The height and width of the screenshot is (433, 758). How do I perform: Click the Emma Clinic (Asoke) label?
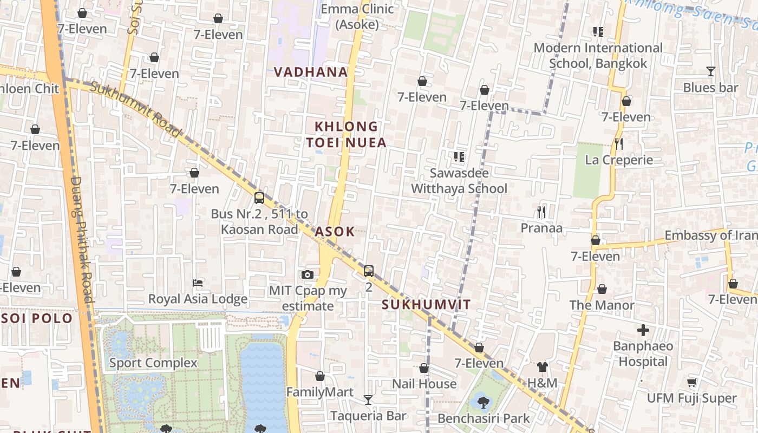click(x=357, y=16)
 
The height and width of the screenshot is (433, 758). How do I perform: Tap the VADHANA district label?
click(x=310, y=72)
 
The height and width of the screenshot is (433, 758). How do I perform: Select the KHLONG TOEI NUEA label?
click(x=347, y=135)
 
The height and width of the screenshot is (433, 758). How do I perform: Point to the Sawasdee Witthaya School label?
click(x=459, y=181)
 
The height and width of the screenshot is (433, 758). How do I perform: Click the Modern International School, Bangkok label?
click(x=598, y=56)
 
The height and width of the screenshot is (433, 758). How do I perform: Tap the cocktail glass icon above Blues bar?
click(x=710, y=71)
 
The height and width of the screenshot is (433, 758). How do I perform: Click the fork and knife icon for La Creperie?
click(x=619, y=144)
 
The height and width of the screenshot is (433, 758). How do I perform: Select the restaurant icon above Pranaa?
click(x=541, y=212)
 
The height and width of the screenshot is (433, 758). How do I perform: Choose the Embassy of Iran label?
click(x=710, y=235)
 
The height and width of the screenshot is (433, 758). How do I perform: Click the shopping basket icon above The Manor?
click(x=602, y=290)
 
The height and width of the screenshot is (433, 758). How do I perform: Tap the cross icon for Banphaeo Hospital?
click(x=643, y=330)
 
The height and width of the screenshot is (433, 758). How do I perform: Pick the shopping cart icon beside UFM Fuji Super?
click(x=691, y=383)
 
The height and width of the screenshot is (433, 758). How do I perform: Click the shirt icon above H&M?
click(x=542, y=367)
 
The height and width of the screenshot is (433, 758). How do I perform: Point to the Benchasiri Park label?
click(x=483, y=418)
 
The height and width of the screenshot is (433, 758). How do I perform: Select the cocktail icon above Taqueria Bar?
click(x=368, y=400)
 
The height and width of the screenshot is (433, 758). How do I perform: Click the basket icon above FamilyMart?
click(x=320, y=376)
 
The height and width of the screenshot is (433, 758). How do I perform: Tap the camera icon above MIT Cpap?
click(x=308, y=275)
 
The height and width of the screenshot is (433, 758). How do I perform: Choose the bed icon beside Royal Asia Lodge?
click(x=198, y=283)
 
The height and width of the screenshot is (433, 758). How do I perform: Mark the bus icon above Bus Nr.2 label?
click(x=259, y=198)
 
